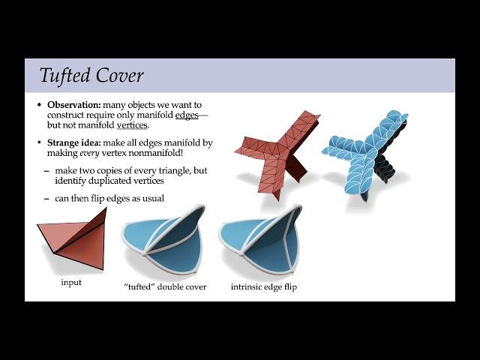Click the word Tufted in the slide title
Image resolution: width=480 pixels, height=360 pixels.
[x=65, y=75]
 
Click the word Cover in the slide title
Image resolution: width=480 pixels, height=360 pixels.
[x=119, y=75]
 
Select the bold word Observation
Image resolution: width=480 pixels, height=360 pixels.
[x=74, y=105]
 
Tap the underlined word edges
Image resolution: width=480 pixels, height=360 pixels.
[x=187, y=115]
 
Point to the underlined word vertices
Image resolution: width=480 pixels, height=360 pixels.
[x=132, y=125]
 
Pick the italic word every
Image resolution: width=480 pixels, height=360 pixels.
[x=89, y=153]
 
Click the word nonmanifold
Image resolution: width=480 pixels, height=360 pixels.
[x=155, y=152]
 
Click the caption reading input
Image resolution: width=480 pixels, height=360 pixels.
[x=71, y=282]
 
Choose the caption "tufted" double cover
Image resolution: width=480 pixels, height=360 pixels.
[x=165, y=286]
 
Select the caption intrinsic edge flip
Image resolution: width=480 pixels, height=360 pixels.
[x=264, y=287]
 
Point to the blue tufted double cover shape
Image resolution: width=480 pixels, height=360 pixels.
[x=163, y=241]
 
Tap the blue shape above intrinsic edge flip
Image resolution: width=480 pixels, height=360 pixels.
[x=260, y=241]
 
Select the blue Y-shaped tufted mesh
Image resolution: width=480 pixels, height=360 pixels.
[x=366, y=154]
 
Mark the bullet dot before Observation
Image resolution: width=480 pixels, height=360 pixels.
[x=39, y=105]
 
